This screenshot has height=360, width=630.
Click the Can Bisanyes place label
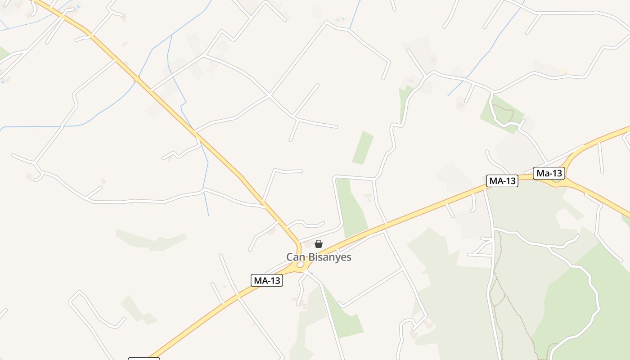319,257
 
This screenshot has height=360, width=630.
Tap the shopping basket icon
319,244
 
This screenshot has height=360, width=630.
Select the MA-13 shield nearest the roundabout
267,281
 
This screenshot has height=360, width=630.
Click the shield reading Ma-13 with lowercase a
549,173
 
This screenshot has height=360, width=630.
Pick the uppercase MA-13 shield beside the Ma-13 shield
502,181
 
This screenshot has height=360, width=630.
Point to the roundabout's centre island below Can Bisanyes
300,265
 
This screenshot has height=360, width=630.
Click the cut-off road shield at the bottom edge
144,359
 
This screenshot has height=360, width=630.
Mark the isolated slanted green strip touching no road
363,148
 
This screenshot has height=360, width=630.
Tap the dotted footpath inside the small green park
503,112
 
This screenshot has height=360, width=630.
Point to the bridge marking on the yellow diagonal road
136,79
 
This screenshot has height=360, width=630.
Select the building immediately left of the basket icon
308,244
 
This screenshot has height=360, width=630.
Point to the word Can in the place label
295,257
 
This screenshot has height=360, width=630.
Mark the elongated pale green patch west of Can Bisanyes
151,240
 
